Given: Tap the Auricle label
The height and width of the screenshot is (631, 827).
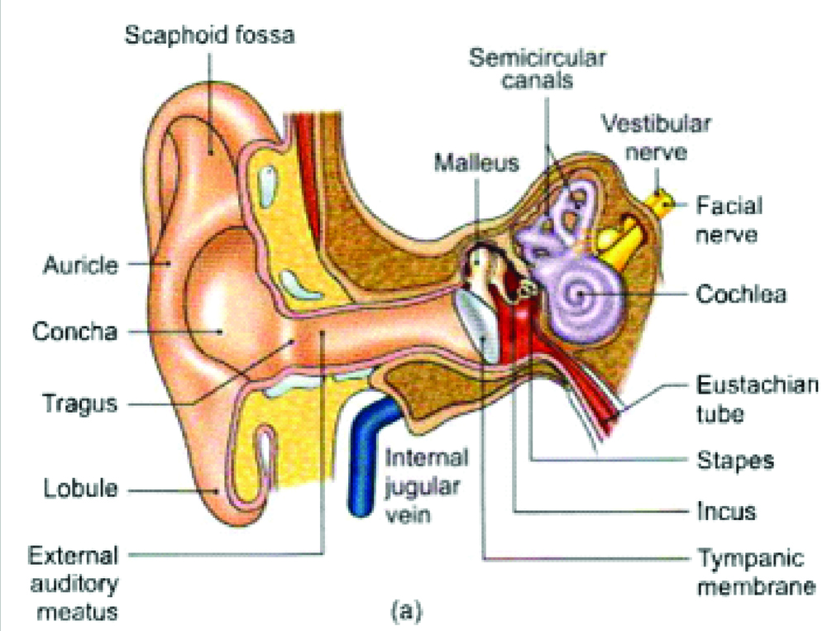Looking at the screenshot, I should (x=80, y=266).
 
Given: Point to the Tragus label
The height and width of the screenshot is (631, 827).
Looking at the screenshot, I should (x=81, y=404).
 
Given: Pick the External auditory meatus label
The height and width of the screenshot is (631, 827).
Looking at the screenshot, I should (x=74, y=582).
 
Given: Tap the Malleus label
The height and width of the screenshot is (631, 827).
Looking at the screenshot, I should (x=476, y=162).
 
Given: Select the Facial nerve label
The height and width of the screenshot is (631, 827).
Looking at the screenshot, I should (x=729, y=219).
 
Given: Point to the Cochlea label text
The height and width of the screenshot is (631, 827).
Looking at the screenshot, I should (x=740, y=294).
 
